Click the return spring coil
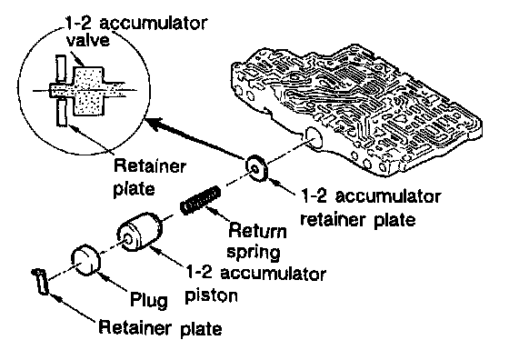pos(201,200)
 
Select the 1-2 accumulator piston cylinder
pos(140,232)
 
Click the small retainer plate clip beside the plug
pos(41,281)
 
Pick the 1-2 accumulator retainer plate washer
pos(257,168)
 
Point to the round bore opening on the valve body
pos(313,138)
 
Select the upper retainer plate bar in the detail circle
pos(61,68)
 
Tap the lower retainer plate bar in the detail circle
pos(62,113)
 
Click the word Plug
pos(149,299)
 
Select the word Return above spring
pos(258,231)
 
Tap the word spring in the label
pos(254,253)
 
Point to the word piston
pos(211,295)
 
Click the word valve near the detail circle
pos(87,41)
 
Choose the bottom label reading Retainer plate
pos(160,327)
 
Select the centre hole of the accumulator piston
pos(127,239)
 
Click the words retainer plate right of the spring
pos(358,220)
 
